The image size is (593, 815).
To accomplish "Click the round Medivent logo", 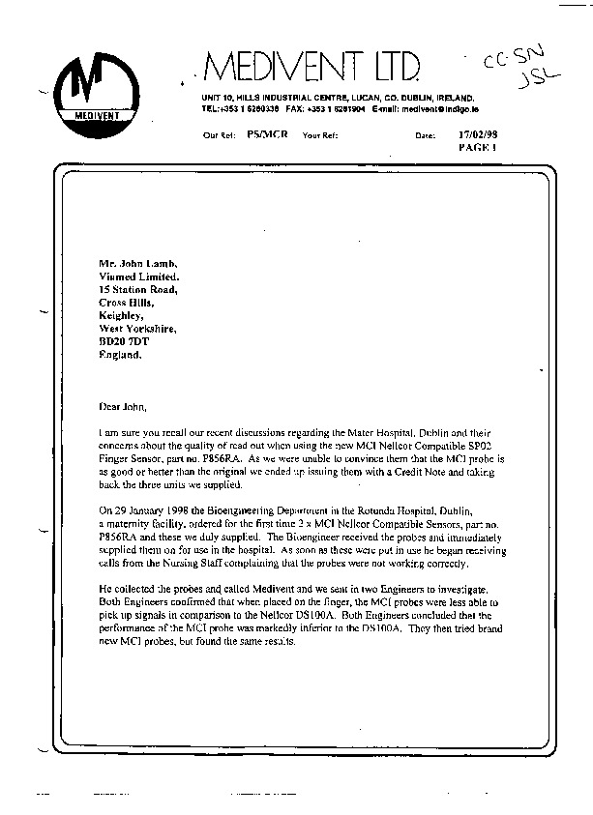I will pos(88,88).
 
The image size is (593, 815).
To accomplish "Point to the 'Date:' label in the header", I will pos(425,136).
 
